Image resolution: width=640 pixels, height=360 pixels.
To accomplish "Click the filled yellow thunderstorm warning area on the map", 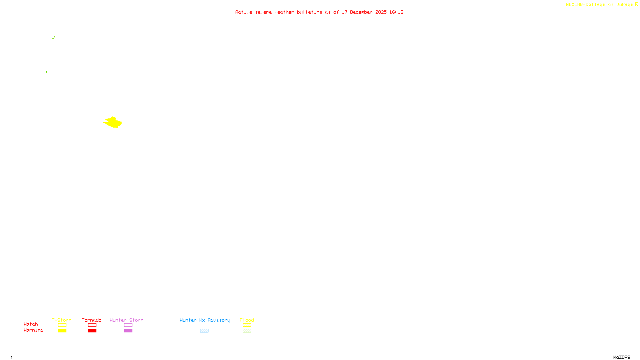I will [113, 122].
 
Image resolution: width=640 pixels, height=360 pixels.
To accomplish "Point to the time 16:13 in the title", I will [396, 12].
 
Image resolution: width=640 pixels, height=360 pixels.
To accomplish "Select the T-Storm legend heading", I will [62, 320].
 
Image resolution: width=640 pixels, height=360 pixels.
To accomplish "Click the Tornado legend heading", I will [92, 320].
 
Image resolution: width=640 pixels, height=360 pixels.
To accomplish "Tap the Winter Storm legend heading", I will [126, 320].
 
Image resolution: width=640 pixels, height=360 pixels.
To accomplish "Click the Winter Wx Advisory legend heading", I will [205, 320].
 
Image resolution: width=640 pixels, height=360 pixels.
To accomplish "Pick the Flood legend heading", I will [247, 320].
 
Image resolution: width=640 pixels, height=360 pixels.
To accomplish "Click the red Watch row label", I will [31, 324].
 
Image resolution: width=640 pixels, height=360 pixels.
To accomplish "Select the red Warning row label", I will [33, 330].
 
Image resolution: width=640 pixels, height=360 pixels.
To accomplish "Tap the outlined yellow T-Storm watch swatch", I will [62, 325].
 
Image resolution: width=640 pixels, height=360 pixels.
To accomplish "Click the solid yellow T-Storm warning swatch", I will [62, 331].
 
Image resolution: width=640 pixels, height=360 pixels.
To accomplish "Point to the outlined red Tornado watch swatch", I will [92, 325].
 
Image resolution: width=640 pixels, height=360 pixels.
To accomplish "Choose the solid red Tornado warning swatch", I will [92, 331].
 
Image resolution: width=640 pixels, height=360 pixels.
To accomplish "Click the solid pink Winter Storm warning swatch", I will [128, 331].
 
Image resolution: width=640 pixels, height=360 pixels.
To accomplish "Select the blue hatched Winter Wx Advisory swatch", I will [204, 331].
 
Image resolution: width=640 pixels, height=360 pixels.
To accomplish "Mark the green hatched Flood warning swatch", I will [247, 331].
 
